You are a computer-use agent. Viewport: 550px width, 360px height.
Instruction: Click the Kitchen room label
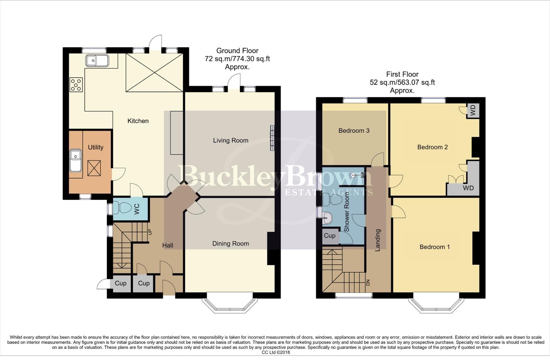tap(138, 121)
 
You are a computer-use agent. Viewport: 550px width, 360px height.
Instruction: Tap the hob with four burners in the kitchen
tap(76, 84)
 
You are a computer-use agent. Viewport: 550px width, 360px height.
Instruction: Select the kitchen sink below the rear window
tap(97, 61)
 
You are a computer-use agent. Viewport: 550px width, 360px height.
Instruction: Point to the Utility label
tap(96, 147)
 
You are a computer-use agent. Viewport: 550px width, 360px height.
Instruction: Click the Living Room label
tap(230, 141)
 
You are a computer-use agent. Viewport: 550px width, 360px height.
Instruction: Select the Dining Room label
tap(230, 244)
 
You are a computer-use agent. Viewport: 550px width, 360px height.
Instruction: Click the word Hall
tap(167, 245)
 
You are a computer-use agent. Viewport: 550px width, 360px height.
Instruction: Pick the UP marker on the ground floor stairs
tap(150, 231)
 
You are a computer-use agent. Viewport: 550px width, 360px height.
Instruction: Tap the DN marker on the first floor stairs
tap(368, 282)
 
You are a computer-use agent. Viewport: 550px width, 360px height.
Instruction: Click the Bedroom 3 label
tap(354, 131)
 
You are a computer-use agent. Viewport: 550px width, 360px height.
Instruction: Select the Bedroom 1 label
tap(435, 247)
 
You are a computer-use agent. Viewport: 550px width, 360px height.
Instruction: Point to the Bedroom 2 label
tap(432, 147)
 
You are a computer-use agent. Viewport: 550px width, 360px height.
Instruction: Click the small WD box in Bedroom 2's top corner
tap(473, 111)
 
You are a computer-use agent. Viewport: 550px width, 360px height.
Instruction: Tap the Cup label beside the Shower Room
tap(330, 236)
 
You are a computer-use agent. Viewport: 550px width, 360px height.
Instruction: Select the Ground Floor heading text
tap(237, 51)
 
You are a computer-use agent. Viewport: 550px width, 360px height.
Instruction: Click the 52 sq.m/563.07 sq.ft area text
tap(402, 82)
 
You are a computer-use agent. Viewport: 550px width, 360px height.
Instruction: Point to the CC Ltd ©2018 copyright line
tap(276, 352)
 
